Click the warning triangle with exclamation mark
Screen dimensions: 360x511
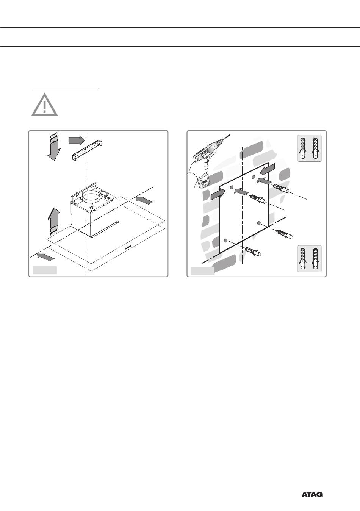tap(44, 105)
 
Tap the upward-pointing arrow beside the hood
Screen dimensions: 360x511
tap(54, 222)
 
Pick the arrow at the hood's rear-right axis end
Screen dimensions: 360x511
tap(144, 200)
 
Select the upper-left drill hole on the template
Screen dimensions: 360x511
tap(232, 187)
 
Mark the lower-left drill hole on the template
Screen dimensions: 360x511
tap(226, 240)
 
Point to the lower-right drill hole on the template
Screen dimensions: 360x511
tap(259, 222)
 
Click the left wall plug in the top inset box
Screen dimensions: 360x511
tap(304, 148)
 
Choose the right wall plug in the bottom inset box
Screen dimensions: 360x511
tap(316, 259)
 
